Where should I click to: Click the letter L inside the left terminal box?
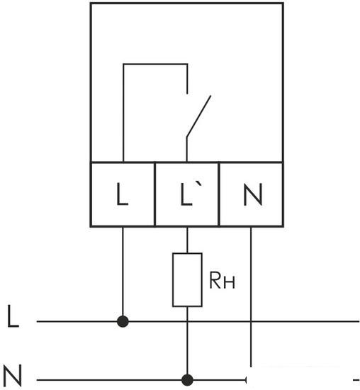point(123,194)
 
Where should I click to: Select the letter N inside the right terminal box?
point(252,194)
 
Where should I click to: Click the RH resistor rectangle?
point(187,280)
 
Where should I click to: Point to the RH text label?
point(222,280)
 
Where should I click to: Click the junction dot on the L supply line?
point(123,322)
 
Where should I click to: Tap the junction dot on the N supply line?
point(187,380)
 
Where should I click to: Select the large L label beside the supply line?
point(13,316)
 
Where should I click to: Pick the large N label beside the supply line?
point(13,375)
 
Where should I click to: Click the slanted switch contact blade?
point(198,116)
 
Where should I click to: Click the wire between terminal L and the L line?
point(123,271)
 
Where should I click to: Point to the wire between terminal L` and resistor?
point(187,240)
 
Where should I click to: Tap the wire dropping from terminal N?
point(251,296)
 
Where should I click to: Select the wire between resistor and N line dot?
point(187,340)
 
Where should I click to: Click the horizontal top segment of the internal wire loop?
point(155,64)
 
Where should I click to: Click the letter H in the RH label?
point(229,282)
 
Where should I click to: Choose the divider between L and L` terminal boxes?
point(154,194)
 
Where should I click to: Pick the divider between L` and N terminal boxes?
point(219,194)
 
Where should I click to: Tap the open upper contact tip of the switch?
point(187,94)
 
